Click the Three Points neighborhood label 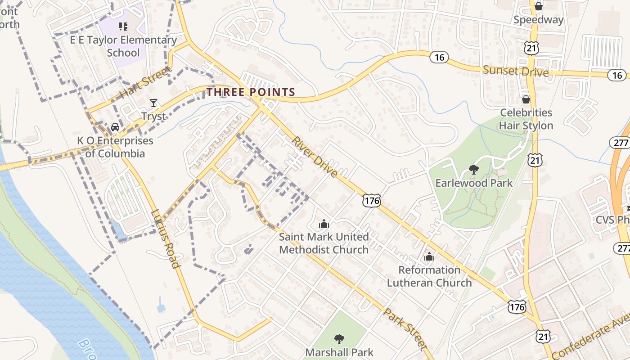251,92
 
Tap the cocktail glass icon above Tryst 153,103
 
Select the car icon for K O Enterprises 115,127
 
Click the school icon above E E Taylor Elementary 123,27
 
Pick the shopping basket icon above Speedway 539,6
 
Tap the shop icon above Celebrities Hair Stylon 526,99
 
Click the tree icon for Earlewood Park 473,170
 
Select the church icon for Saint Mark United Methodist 324,223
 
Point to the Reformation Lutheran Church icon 429,256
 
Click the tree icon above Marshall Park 339,338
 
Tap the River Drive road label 315,157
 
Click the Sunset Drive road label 516,71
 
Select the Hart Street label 145,82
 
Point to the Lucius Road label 166,239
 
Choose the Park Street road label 405,329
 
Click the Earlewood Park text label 474,183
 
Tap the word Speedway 538,20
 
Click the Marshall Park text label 339,352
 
